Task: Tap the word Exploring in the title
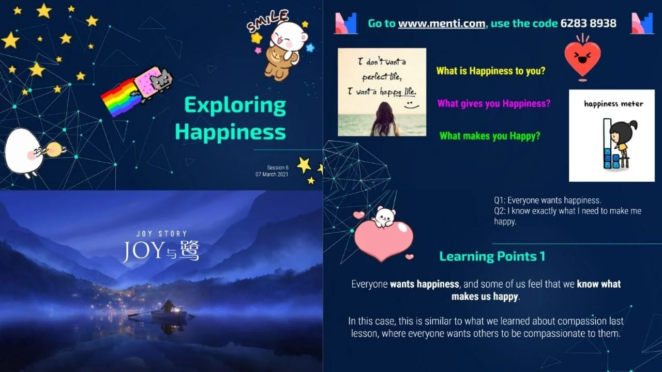tap(235, 106)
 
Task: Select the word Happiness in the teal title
tap(230, 132)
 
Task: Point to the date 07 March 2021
tap(272, 175)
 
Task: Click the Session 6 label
tap(277, 167)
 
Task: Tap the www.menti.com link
tap(441, 23)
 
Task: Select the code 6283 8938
tap(588, 23)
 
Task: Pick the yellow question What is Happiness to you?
tap(490, 71)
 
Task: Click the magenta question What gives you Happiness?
tap(493, 103)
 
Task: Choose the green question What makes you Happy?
tap(489, 136)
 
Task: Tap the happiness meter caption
tap(613, 103)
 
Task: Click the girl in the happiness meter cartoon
tap(621, 137)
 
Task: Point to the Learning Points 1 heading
tap(492, 256)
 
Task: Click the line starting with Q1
tap(547, 200)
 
